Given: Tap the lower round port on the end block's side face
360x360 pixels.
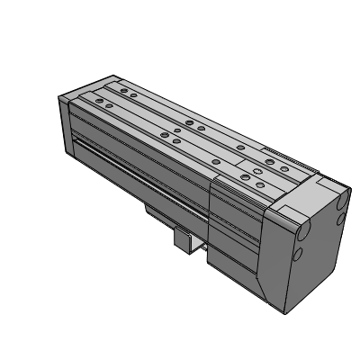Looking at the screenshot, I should click(x=300, y=255).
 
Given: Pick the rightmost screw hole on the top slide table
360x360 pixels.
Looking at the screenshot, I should click(x=286, y=166).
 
